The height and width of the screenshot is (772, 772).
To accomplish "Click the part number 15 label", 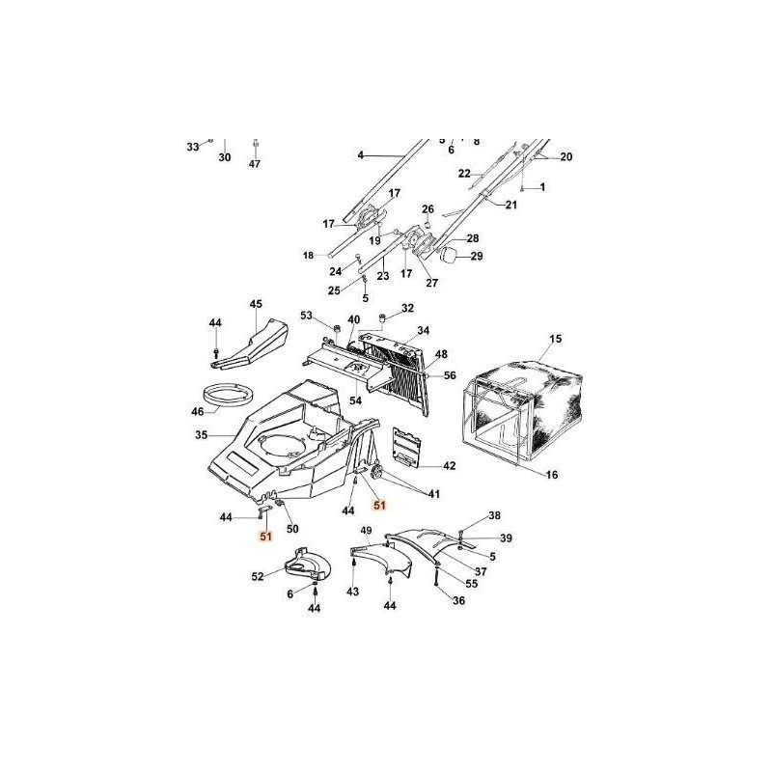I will [x=555, y=339].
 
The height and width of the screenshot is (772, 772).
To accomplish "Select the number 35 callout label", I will [x=202, y=435].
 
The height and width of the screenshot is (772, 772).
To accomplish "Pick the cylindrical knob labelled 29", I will [x=451, y=257].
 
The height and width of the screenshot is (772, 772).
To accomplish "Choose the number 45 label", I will [x=256, y=305].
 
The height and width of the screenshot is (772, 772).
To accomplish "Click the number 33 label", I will [x=193, y=147].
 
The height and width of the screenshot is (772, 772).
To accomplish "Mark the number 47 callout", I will [x=255, y=164].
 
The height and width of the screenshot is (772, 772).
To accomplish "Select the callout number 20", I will [x=566, y=156].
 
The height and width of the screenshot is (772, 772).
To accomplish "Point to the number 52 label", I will [x=258, y=577].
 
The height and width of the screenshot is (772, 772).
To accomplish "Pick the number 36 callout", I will [x=458, y=600].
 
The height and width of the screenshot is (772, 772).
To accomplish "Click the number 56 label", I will [x=450, y=376].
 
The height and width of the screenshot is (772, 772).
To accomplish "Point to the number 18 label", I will [x=309, y=255].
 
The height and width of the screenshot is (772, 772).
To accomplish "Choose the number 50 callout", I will [x=293, y=528].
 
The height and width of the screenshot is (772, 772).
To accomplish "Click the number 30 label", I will [x=225, y=157].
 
